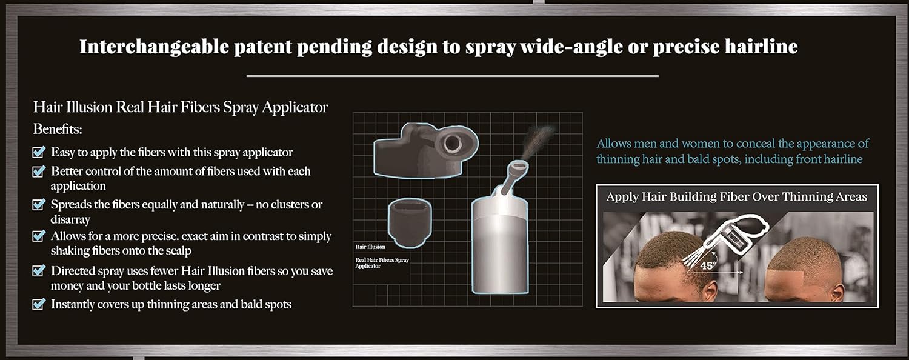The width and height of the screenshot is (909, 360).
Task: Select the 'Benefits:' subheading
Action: [x=58, y=129]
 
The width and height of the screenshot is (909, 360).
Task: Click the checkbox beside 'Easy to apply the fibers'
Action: [x=39, y=152]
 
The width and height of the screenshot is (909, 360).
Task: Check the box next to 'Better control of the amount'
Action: [x=39, y=172]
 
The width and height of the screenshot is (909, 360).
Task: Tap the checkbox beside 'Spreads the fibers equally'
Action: [x=39, y=205]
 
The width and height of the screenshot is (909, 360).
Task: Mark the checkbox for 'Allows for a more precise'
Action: [x=39, y=236]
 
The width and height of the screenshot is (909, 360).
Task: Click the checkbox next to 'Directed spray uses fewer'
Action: [x=39, y=271]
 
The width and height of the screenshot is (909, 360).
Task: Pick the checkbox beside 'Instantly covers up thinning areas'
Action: [x=39, y=304]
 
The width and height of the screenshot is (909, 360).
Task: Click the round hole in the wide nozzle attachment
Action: [x=451, y=143]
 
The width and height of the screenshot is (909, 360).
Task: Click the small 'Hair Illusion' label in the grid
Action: [x=370, y=247]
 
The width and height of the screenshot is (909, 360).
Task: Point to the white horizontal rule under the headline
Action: [x=452, y=76]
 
